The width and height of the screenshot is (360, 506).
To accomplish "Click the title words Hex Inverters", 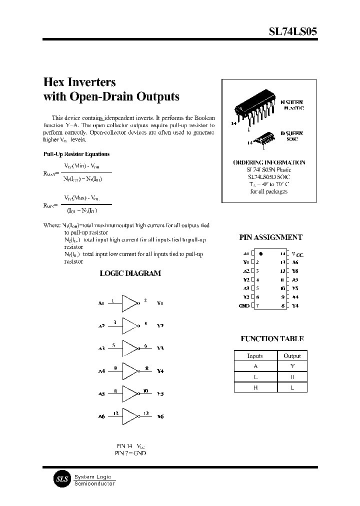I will [80, 82].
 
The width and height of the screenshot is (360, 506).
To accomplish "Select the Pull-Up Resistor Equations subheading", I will [76, 154].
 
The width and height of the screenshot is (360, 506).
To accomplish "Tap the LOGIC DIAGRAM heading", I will [130, 273].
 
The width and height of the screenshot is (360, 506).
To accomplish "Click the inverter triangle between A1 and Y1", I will [130, 303].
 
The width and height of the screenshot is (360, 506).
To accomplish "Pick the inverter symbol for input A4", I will [130, 371].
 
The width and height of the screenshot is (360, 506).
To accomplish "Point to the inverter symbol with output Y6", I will [130, 416].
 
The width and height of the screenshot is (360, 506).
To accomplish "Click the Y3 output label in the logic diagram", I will [160, 348].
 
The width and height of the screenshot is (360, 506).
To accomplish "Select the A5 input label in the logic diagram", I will [101, 394].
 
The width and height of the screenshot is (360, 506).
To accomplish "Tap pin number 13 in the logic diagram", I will [116, 412].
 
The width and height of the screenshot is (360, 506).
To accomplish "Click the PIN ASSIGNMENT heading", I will [271, 238].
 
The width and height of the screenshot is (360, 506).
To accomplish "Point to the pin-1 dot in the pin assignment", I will [260, 254].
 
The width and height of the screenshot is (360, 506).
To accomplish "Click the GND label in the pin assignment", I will [243, 305].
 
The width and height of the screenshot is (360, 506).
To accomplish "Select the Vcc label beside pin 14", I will [297, 254].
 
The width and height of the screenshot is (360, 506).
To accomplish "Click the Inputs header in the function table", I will [255, 356].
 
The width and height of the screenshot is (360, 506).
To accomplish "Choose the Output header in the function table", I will [292, 356].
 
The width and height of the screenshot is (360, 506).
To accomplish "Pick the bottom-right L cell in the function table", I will [292, 387].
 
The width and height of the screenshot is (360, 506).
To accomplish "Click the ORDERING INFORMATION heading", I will [269, 162].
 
